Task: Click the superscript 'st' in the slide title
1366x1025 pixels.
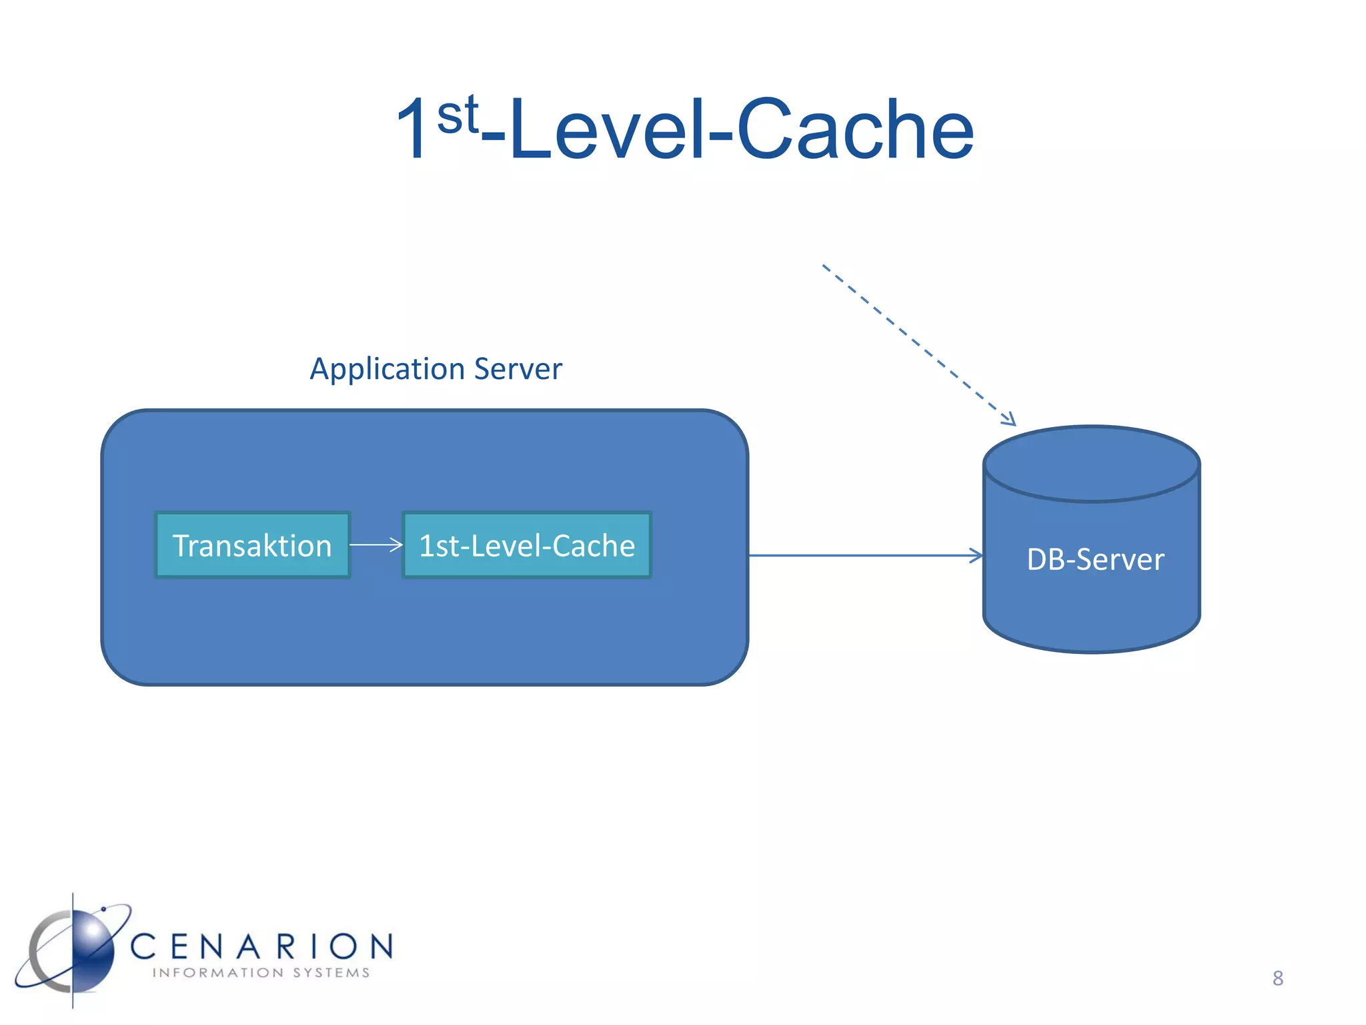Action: click(458, 115)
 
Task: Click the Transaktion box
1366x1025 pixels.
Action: click(253, 545)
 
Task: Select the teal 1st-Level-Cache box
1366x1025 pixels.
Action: click(526, 545)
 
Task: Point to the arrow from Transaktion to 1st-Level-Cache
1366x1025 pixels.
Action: click(376, 545)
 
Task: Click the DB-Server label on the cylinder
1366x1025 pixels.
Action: click(1095, 559)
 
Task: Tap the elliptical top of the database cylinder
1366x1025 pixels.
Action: click(1091, 463)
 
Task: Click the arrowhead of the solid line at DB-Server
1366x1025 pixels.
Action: click(978, 555)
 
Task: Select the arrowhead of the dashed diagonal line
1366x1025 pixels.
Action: click(1010, 420)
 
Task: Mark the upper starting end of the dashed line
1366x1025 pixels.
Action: click(825, 267)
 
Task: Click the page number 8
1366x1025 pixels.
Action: click(1277, 978)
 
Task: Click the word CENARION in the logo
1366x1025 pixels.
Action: click(261, 946)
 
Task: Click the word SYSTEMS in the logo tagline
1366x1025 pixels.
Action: click(331, 973)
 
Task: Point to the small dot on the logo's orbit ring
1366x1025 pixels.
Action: click(103, 909)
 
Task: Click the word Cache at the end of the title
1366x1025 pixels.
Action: click(856, 129)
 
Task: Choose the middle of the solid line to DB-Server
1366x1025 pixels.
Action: click(866, 555)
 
